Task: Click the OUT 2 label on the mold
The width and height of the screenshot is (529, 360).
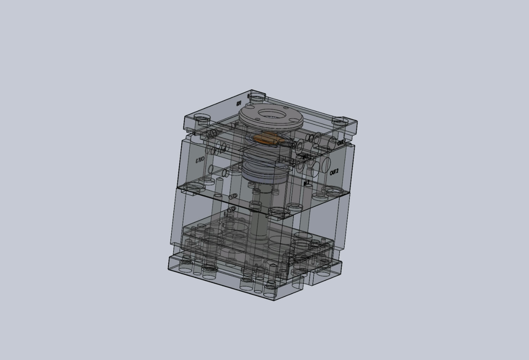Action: [334, 172]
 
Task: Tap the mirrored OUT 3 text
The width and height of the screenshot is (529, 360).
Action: [200, 161]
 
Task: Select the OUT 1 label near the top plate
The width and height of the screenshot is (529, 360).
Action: [341, 143]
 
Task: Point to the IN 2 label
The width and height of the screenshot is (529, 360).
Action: [307, 183]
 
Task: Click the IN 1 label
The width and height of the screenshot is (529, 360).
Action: [306, 156]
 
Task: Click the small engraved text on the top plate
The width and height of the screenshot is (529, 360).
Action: [239, 104]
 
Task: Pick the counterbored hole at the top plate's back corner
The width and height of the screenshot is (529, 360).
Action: [257, 96]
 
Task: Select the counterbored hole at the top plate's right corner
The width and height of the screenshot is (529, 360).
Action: [340, 122]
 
